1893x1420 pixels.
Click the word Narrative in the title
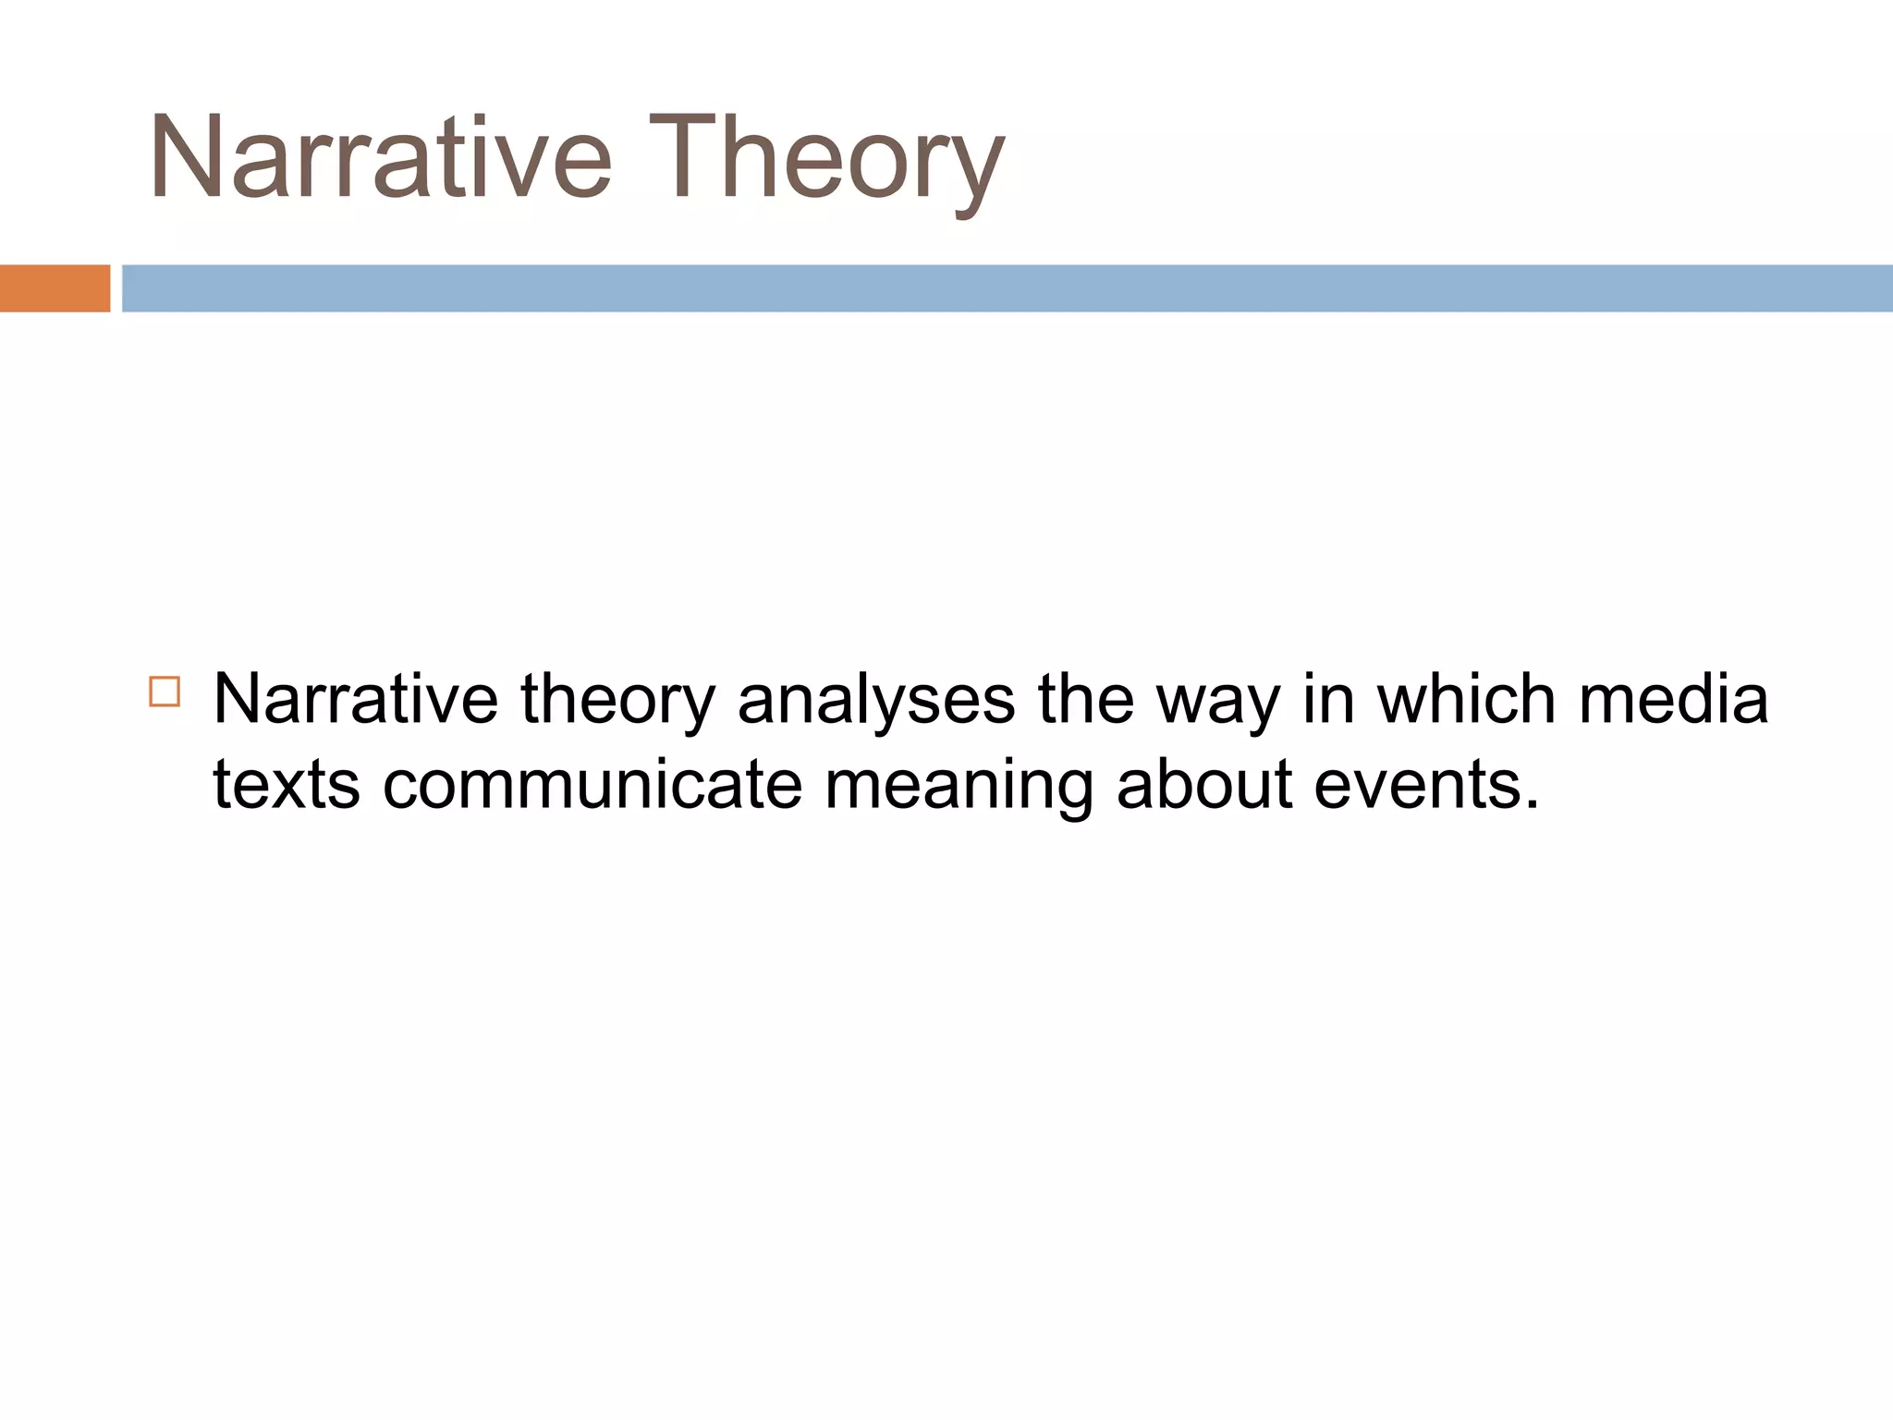click(380, 157)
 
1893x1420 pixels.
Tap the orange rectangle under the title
click(55, 288)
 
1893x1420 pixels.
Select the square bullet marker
click(165, 692)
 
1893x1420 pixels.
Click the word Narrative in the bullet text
click(355, 699)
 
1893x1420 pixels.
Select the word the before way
click(1085, 699)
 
